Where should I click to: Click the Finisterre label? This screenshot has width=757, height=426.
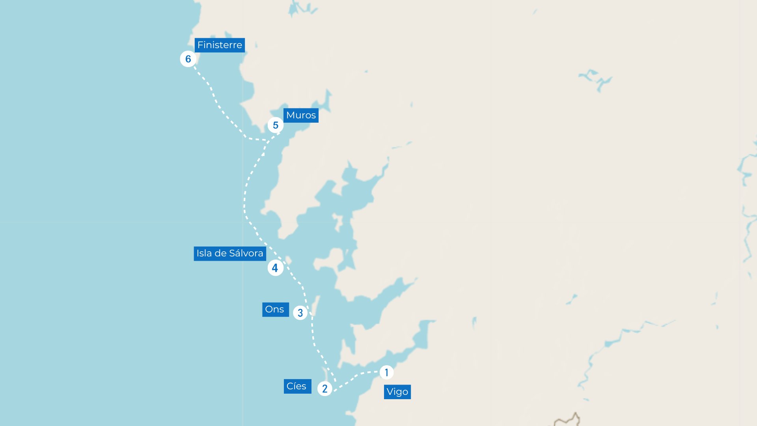(220, 45)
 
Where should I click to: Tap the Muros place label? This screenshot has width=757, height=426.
(301, 115)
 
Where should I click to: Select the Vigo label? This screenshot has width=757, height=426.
(397, 392)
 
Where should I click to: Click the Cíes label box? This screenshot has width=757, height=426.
(297, 386)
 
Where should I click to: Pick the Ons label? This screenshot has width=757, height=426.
(275, 309)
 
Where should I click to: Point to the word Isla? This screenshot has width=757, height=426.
(204, 253)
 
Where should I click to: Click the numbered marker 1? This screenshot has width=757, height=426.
(386, 372)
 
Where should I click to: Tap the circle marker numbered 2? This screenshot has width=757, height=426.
(324, 389)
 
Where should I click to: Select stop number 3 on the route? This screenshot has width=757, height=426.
(300, 313)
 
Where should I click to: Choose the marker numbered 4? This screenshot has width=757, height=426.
(275, 268)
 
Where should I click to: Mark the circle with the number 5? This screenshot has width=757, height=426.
(275, 125)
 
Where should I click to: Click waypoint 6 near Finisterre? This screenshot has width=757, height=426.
(188, 59)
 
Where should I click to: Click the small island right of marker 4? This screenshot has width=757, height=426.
(289, 260)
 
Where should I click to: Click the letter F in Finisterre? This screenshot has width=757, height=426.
(200, 45)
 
